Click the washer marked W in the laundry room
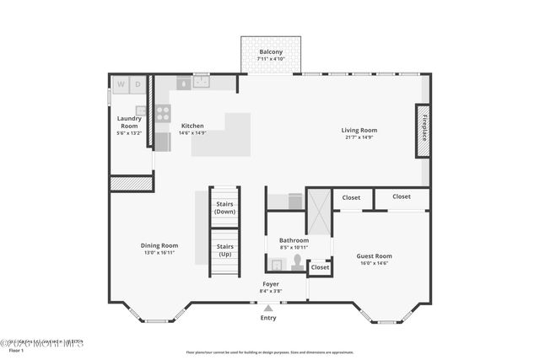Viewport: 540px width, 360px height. [121, 84]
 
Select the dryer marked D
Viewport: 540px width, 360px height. [138, 84]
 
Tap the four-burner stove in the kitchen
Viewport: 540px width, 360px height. [163, 112]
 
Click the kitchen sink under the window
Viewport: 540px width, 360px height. [201, 83]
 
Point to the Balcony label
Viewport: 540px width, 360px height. [271, 52]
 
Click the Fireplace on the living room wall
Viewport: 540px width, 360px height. [423, 131]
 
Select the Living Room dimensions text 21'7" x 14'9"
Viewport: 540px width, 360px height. [359, 137]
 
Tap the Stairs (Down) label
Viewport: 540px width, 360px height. [224, 207]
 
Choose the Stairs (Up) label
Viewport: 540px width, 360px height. [224, 250]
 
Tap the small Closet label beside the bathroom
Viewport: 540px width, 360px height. [320, 267]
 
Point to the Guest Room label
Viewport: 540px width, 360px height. [374, 255]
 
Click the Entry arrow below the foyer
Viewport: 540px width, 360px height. [268, 309]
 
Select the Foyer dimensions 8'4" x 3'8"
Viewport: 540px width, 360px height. [270, 291]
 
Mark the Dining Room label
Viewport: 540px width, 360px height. [159, 245]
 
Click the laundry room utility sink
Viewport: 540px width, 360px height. [141, 110]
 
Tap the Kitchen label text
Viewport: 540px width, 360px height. [192, 126]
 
